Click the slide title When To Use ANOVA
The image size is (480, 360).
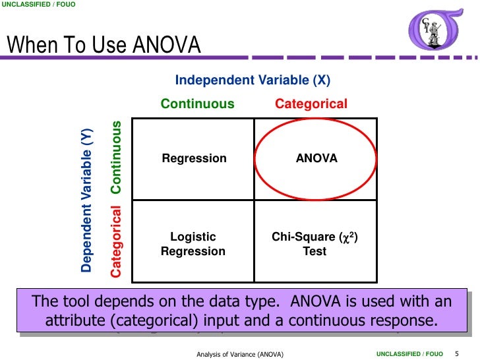click(104, 45)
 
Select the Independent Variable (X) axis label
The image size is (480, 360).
click(253, 80)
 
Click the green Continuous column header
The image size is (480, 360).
click(198, 104)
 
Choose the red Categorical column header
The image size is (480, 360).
click(311, 104)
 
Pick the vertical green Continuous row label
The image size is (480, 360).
click(117, 157)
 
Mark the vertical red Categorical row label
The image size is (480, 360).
click(117, 241)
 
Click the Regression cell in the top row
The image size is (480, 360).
click(194, 158)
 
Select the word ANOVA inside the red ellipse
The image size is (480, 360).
click(316, 158)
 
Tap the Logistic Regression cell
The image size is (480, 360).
click(193, 244)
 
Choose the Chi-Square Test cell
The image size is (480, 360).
click(315, 244)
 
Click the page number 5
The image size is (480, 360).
click(457, 354)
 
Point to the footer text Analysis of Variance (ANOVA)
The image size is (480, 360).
click(240, 355)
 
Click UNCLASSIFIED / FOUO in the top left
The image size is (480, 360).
click(38, 5)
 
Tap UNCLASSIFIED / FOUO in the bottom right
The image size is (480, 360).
click(409, 355)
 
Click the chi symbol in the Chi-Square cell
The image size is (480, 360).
click(344, 237)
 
